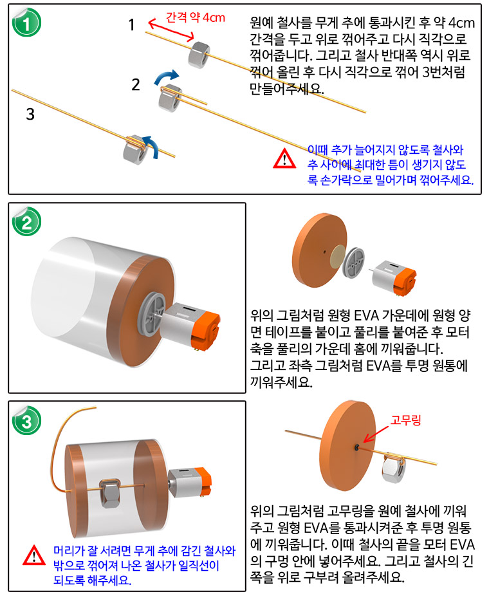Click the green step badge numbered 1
[26, 23]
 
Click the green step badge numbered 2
[26, 221]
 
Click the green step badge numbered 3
[26, 420]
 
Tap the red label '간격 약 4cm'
[195, 17]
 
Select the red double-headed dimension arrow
[171, 30]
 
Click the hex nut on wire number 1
[199, 55]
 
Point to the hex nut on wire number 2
[170, 98]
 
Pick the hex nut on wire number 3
[136, 149]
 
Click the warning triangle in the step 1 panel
[284, 158]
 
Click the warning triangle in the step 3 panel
[34, 555]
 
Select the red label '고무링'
[405, 420]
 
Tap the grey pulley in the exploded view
[353, 261]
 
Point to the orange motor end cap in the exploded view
[405, 281]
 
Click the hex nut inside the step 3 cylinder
[110, 492]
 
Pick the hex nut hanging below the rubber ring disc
[393, 467]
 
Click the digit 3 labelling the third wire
[30, 114]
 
